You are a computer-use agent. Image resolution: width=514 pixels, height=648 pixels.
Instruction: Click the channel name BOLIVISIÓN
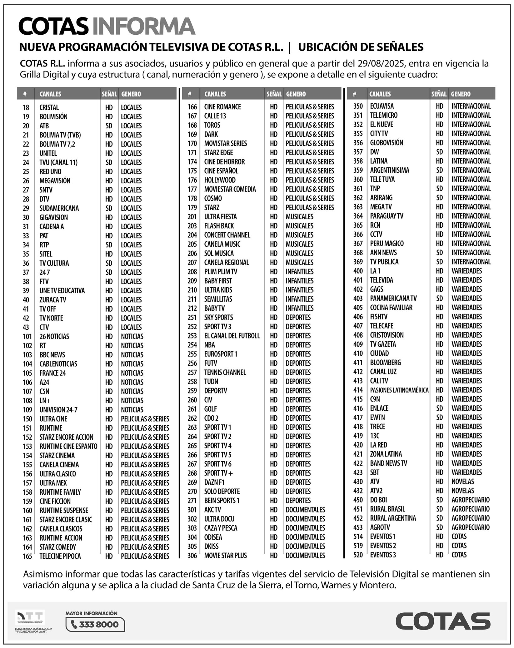tap(53, 116)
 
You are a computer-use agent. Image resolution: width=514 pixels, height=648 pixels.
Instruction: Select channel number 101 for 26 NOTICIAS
tap(27, 336)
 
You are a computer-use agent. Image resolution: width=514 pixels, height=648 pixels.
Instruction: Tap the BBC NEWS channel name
tap(52, 355)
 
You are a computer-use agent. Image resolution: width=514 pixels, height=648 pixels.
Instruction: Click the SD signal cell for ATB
tap(109, 126)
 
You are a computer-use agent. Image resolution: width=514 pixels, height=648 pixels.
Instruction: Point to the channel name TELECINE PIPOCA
tap(60, 556)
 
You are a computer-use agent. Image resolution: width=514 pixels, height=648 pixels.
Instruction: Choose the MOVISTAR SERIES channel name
tap(225, 143)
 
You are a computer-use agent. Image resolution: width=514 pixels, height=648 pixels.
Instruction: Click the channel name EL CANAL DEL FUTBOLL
tap(232, 336)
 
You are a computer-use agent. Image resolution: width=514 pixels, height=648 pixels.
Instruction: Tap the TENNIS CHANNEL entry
tap(225, 372)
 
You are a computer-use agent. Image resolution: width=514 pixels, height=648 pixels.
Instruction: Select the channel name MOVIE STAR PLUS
tap(225, 556)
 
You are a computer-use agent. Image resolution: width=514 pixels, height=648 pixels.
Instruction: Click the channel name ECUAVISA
tap(382, 106)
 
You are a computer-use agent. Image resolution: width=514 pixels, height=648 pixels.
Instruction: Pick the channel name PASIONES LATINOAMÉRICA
tap(399, 390)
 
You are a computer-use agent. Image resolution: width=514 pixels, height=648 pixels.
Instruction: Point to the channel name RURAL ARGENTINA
tap(393, 518)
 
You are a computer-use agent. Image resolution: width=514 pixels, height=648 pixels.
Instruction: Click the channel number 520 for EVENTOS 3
tap(358, 555)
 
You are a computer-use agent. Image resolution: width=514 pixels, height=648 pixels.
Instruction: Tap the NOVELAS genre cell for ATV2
tap(462, 491)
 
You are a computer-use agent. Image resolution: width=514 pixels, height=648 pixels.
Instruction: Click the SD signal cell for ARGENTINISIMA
tap(439, 170)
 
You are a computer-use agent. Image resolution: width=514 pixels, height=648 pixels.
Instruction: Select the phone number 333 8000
tap(98, 624)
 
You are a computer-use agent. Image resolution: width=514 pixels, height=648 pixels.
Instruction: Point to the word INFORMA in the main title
tap(144, 27)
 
